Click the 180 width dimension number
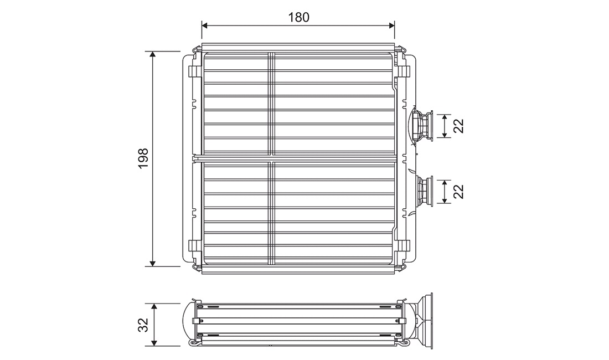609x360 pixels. [x=298, y=18]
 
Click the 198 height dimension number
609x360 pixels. [x=143, y=158]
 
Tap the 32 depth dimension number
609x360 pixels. [x=143, y=325]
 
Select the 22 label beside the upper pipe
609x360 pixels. [x=459, y=126]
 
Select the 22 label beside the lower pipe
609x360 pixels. [x=459, y=192]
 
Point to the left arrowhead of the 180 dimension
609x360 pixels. [x=205, y=25]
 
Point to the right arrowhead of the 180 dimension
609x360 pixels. [x=391, y=25]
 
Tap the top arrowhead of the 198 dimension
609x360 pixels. [x=153, y=55]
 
